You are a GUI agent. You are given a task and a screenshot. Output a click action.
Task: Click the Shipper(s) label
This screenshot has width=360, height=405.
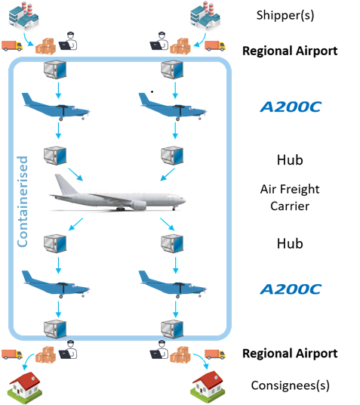285,15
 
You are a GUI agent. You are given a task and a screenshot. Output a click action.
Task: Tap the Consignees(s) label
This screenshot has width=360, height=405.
290,385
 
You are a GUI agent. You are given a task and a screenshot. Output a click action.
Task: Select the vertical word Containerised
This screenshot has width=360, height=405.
23,201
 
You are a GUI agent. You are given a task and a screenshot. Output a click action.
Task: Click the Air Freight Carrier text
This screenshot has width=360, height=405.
290,198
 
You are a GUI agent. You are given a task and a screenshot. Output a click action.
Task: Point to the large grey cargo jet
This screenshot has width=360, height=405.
118,196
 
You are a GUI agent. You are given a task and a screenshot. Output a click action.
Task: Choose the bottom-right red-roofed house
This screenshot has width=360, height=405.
208,387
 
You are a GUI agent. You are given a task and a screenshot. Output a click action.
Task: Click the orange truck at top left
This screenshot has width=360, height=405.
12,46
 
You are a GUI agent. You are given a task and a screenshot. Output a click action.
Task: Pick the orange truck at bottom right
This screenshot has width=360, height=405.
215,354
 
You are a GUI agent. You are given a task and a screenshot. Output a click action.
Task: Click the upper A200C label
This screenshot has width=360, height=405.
291,107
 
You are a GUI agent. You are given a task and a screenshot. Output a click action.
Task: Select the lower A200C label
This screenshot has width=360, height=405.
291,289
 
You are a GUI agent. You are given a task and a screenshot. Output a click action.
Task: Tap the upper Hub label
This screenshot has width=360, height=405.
290,160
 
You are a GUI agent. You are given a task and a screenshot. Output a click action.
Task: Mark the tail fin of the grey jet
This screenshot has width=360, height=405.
64,184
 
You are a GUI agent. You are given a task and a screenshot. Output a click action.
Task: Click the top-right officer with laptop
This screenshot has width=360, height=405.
159,41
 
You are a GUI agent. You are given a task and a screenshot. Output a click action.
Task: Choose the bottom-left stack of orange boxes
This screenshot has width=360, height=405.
45,354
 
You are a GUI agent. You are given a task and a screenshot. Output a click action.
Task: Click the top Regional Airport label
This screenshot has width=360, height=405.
290,51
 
